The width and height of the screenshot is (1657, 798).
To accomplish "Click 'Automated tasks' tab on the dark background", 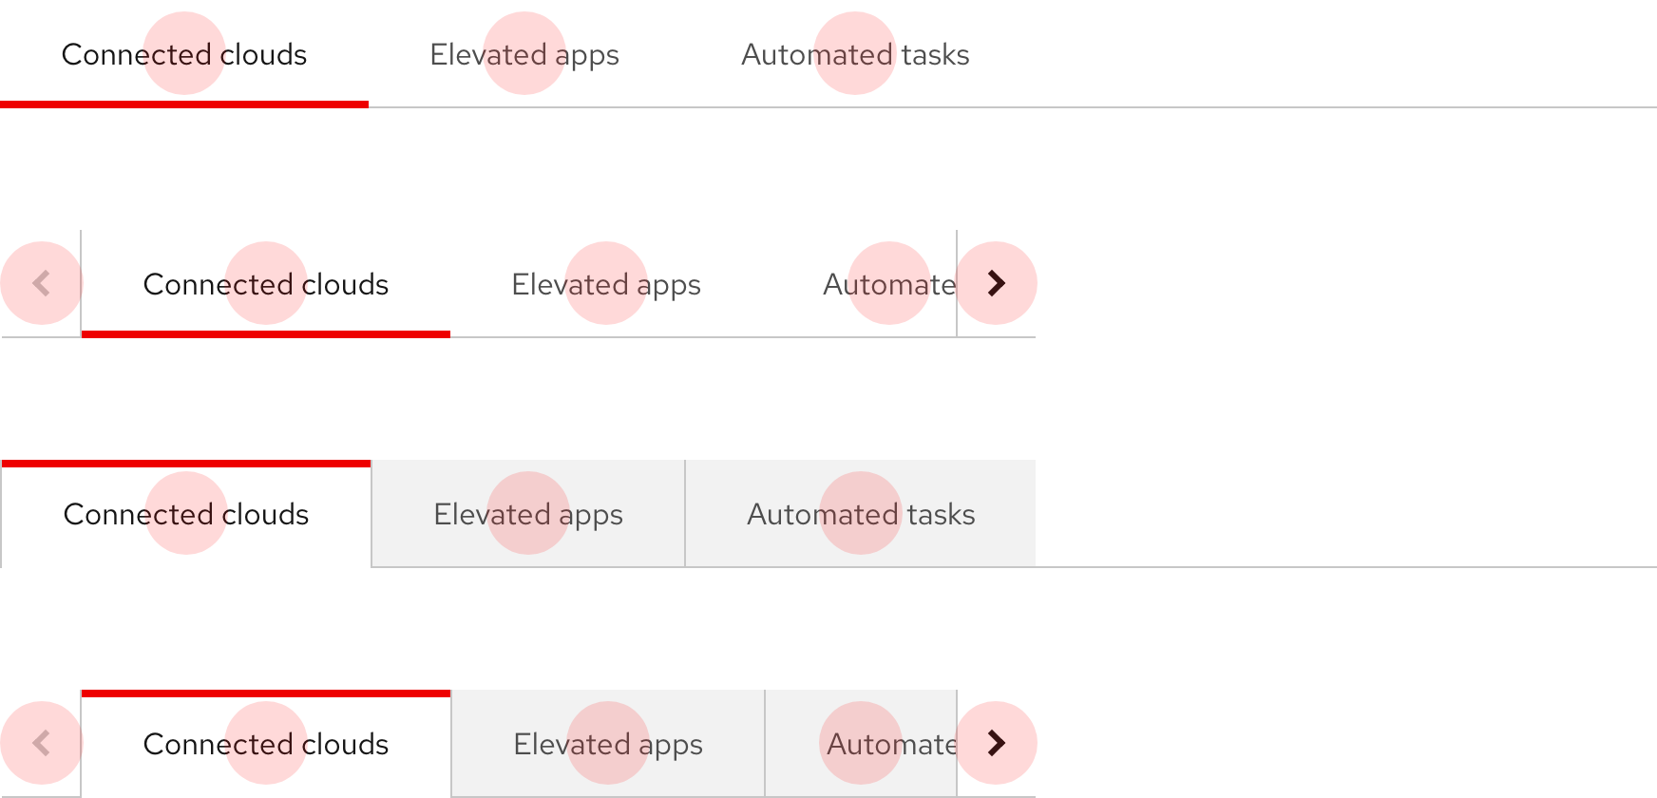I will pos(855,54).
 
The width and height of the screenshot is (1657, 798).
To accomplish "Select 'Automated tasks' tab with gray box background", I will pos(861,514).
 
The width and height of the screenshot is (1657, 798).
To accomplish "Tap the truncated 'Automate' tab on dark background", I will pos(889,283).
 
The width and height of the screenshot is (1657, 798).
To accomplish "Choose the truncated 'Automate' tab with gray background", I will pos(861,743).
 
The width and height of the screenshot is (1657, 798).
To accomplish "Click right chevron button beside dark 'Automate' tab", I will pos(996,283).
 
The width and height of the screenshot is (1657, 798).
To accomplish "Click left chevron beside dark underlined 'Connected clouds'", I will pos(41,283).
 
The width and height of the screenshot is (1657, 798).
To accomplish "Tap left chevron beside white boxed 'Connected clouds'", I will pos(41,743).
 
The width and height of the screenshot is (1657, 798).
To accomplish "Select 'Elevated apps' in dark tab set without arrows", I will pos(524,54).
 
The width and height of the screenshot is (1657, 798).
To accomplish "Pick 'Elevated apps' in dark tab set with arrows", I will pos(606,283).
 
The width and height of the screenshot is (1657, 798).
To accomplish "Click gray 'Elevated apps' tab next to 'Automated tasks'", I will pos(528,514).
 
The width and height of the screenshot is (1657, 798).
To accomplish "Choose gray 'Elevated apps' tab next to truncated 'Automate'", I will pos(608,743).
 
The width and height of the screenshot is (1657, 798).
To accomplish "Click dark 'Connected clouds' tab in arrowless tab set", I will pos(184,54).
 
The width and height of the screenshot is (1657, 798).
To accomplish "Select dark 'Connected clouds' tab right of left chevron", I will pos(266,283).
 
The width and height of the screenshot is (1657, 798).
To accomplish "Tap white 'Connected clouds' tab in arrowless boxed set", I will pos(186,514).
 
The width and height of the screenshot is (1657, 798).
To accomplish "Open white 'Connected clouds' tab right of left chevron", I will pos(266,743).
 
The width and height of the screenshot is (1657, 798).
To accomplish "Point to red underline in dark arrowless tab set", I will pos(184,104).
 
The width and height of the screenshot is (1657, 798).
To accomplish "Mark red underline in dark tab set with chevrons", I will pos(266,334).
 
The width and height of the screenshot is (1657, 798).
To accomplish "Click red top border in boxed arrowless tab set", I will pos(186,464).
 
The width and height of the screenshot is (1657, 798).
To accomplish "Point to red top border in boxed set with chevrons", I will pos(266,693).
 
